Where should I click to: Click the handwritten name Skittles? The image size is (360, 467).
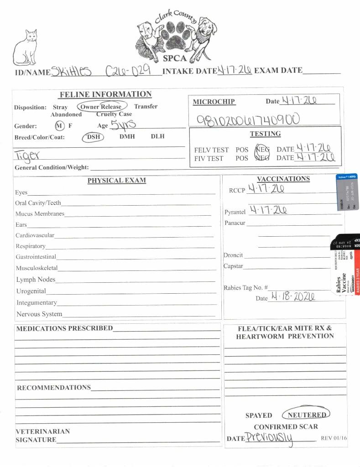coord(72,71)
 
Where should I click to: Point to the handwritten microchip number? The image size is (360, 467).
coord(248,120)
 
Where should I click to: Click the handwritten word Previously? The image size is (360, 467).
coord(270,438)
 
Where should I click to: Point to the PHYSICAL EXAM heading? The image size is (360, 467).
coord(116,180)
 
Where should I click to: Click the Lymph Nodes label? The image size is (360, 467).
coord(36,280)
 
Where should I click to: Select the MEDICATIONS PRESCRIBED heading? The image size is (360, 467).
coord(64,328)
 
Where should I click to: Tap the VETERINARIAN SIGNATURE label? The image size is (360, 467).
coord(43,436)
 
